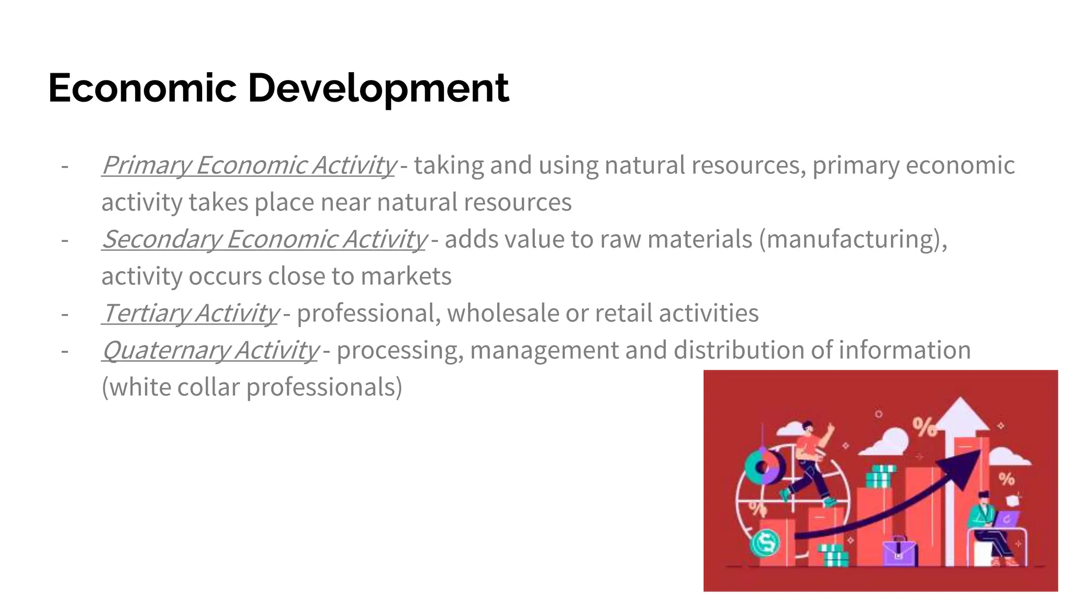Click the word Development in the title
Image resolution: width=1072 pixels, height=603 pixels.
(x=378, y=88)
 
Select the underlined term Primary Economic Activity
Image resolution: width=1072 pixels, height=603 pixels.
(x=249, y=165)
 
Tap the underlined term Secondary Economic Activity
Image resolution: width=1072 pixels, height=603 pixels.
(x=264, y=239)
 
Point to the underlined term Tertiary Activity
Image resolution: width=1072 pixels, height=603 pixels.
(x=190, y=314)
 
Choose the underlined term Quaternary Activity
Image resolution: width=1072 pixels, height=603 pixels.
(x=210, y=350)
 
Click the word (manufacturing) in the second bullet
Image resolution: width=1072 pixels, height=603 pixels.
(x=853, y=239)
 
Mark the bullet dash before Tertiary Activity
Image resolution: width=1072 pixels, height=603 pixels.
(x=65, y=314)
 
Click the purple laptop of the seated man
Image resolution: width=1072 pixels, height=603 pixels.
(x=1006, y=519)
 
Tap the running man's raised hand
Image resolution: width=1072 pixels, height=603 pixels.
(x=829, y=430)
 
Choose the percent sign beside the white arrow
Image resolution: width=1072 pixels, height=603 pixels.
(x=925, y=428)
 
